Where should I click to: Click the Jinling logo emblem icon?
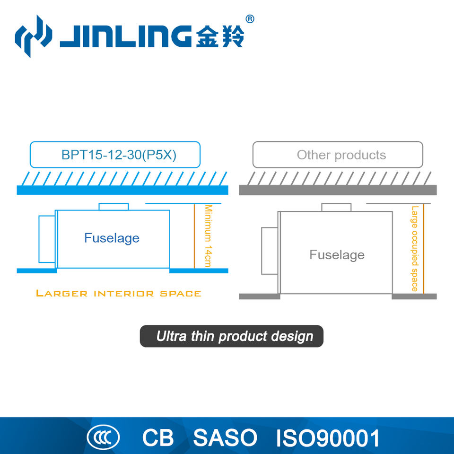33,36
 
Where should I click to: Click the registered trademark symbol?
250,19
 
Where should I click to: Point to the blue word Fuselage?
112,237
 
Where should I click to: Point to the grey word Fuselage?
337,255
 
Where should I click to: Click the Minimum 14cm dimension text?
208,235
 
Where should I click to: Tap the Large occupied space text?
415,248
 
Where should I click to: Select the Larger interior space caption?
119,293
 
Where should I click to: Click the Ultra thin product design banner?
232,336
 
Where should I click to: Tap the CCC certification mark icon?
103,437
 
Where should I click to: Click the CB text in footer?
158,438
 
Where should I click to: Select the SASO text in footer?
225,438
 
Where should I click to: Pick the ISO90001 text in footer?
328,438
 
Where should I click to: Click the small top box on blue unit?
113,207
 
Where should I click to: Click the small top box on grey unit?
336,207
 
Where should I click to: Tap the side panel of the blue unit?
47,239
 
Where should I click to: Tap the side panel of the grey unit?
269,251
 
